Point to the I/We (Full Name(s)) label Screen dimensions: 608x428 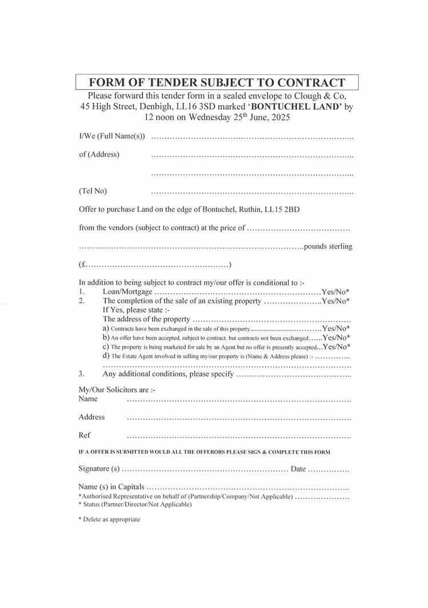[112, 137]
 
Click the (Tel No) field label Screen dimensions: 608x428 [93, 191]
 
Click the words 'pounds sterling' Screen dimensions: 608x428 [329, 246]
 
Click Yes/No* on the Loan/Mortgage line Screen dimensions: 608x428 [335, 291]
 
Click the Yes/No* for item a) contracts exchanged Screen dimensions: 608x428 [336, 329]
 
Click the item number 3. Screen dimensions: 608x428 [82, 374]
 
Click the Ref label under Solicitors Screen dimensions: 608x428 [85, 435]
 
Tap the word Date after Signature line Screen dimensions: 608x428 [298, 469]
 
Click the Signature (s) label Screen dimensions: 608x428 [99, 469]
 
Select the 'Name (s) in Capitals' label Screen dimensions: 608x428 [111, 487]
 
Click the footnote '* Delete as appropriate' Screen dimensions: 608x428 [109, 519]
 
